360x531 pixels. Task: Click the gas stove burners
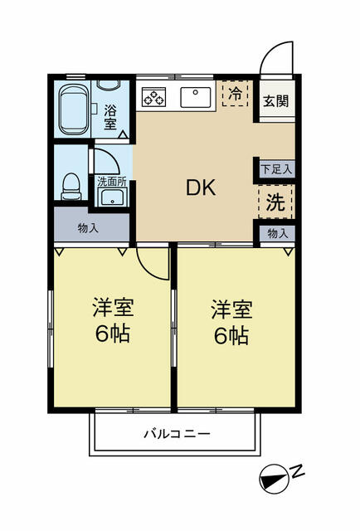click(154, 97)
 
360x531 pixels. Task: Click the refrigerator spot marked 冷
click(236, 94)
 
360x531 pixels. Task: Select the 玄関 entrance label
click(275, 101)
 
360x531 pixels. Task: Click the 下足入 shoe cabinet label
click(276, 168)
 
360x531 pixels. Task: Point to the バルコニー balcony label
click(176, 433)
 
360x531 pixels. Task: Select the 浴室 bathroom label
click(110, 115)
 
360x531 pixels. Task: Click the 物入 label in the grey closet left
click(89, 227)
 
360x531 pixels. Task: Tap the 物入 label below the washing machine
click(277, 234)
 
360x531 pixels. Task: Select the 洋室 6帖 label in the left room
click(113, 321)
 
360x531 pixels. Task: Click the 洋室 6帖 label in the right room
click(231, 322)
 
